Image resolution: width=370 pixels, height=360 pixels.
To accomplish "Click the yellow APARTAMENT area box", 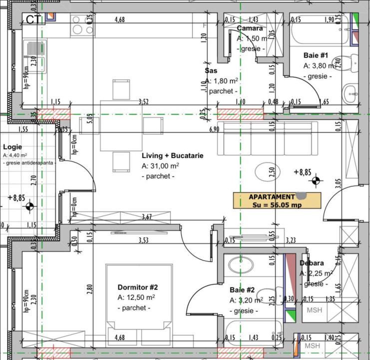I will pos(277,200).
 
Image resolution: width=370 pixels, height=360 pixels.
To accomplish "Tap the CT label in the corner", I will pos(33,19).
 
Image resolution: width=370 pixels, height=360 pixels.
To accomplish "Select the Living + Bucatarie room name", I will pos(172,155).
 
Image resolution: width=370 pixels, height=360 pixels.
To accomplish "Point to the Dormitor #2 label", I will pos(138,287).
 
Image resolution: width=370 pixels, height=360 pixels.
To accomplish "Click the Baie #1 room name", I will pos(315,55).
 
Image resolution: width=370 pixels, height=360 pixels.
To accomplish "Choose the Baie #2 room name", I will pos(242,289).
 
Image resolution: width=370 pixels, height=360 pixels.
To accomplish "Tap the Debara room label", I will pos(312,263).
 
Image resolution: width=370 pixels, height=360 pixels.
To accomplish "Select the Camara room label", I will pos(250,28).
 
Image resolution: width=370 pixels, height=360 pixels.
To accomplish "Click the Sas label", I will pos(210,70).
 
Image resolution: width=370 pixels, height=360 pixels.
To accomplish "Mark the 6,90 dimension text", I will pos(214,129).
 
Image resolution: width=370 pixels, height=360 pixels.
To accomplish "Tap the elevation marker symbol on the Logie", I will pos(30,205).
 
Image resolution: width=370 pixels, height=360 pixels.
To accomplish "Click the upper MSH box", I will pos(315,310).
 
